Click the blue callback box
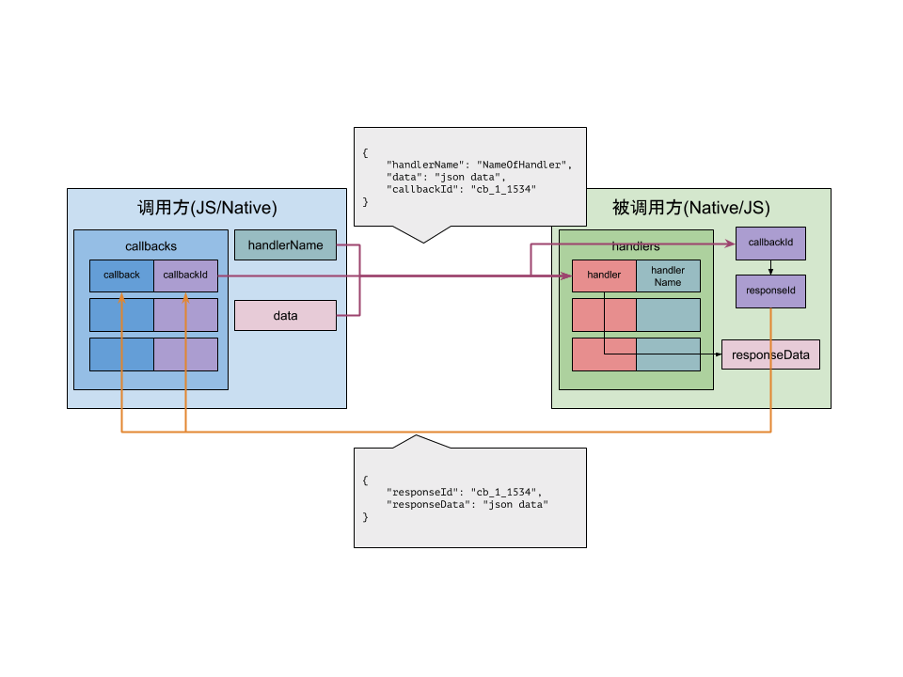pos(121,276)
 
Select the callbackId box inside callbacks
pos(185,276)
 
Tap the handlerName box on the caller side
pos(285,245)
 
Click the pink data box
pos(285,316)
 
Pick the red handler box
pos(604,276)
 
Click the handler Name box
pos(668,276)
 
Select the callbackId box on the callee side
pos(770,243)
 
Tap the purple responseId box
pos(770,291)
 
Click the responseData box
pos(770,354)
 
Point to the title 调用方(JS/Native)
pos(207,208)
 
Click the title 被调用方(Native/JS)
pos(690,208)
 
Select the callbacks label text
pos(150,246)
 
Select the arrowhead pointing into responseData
pos(718,354)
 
